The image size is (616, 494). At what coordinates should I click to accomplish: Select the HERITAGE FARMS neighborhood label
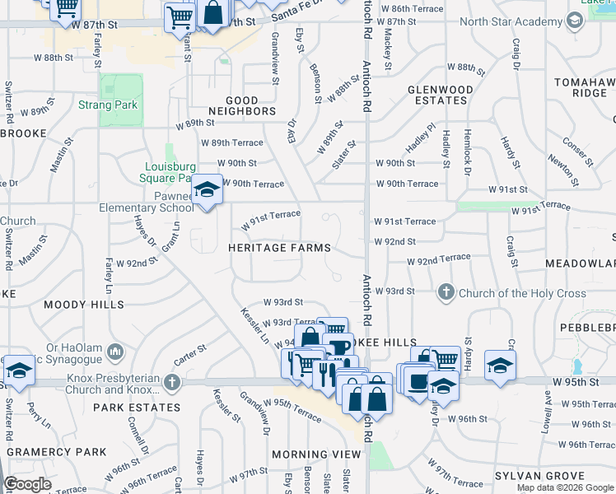pos(279,248)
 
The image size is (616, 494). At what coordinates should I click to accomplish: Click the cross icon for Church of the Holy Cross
pos(446,292)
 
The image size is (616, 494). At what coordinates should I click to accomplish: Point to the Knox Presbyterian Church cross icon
pos(171,381)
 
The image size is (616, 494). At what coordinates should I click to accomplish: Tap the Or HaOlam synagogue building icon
pos(114,352)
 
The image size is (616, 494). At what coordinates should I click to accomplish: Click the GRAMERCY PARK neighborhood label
pos(57,452)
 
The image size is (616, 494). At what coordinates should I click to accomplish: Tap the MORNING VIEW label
pos(317,454)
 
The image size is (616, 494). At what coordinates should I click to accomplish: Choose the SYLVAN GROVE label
pos(539,476)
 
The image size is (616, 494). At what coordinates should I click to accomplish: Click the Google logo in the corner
pos(27,484)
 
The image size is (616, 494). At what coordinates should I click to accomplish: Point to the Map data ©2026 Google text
pos(564,487)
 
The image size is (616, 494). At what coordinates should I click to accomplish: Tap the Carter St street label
pos(189,356)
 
